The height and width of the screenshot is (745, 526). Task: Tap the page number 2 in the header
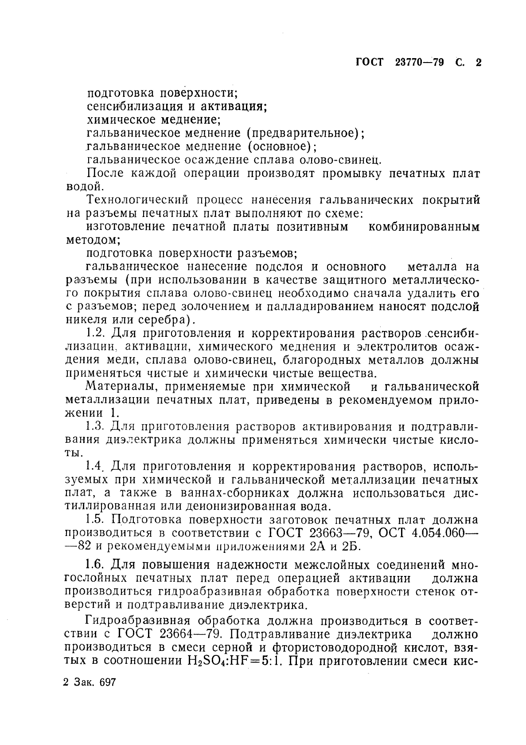(x=478, y=63)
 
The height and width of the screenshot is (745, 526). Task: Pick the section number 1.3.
(x=95, y=426)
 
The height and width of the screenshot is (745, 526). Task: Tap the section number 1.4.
(x=95, y=466)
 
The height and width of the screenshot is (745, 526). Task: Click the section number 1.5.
(x=95, y=520)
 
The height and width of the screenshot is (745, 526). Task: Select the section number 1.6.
(x=95, y=565)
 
